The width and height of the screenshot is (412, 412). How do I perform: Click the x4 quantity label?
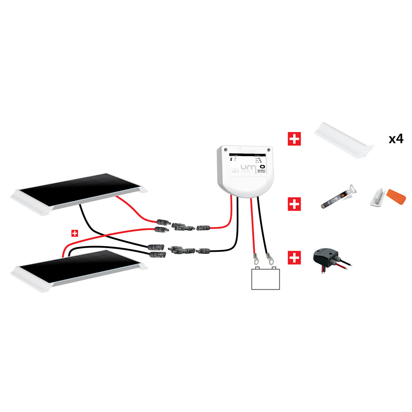(x=396, y=139)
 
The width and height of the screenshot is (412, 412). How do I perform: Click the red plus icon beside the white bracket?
(x=294, y=139)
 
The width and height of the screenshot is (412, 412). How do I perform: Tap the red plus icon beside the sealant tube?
(x=294, y=204)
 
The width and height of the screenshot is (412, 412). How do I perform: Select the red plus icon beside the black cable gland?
(x=294, y=258)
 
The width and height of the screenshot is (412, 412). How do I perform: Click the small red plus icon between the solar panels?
(x=75, y=233)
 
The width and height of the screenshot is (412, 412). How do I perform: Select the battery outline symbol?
(x=265, y=279)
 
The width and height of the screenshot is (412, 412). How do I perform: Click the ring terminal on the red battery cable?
(x=255, y=260)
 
